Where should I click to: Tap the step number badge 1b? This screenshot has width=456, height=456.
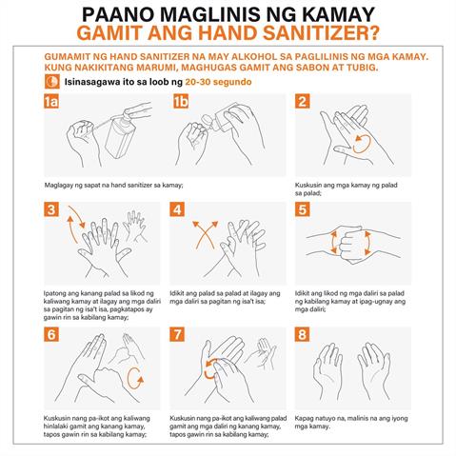coord(181,101)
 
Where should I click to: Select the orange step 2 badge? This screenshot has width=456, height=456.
coord(303,101)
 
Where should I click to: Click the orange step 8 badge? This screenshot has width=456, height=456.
coord(303,335)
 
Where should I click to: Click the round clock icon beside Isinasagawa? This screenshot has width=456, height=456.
coord(50,83)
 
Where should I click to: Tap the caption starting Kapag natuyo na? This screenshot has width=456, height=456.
coord(347,422)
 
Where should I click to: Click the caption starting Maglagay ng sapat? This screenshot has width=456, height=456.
coord(100,185)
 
